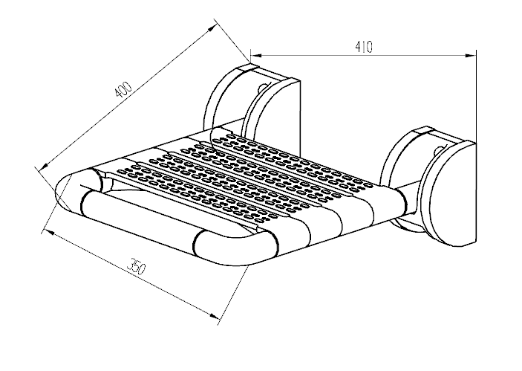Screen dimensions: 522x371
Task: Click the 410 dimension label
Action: tap(364, 47)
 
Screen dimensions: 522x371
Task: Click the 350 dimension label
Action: tap(137, 266)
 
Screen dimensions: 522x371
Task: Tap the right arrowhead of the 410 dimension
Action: tap(470, 56)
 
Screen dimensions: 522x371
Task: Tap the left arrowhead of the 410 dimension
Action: tap(255, 55)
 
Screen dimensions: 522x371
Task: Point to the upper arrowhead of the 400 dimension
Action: tap(210, 31)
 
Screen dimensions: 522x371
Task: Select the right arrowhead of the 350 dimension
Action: tap(214, 316)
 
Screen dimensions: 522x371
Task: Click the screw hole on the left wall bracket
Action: tap(263, 87)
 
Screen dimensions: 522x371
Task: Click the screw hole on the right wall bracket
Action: tap(439, 149)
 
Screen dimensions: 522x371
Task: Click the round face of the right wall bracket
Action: tap(448, 195)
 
